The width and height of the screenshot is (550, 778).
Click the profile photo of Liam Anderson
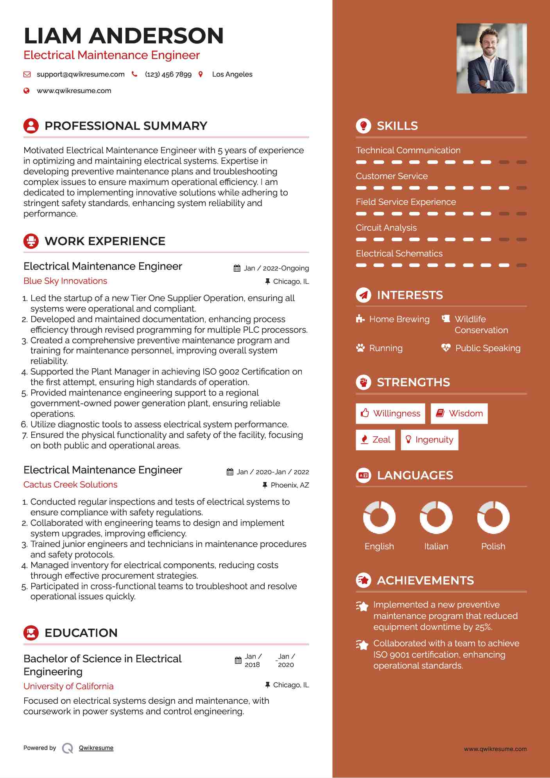491,58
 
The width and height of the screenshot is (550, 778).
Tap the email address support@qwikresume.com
81,74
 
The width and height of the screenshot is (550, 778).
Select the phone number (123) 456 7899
168,74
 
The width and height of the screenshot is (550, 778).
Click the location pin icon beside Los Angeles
201,74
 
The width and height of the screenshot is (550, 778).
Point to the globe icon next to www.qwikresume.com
27,91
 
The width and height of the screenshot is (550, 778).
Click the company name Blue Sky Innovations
65,281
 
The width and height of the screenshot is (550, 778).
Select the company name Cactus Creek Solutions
70,485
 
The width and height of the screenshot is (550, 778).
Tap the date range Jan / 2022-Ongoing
276,268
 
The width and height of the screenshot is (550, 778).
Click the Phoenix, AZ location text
290,485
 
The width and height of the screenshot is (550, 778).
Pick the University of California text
68,687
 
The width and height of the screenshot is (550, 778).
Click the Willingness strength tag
390,414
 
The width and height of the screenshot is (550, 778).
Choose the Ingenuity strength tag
429,440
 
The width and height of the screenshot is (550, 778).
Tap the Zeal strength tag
375,440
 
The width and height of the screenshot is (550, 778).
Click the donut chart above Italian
436,517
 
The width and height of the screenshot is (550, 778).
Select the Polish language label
493,546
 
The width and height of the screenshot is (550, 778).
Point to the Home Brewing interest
399,319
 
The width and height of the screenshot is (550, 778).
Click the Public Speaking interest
487,348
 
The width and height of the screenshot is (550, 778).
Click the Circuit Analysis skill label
386,228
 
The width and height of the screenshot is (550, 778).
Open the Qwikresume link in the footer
96,748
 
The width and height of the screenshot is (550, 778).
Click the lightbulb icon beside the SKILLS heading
364,126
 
